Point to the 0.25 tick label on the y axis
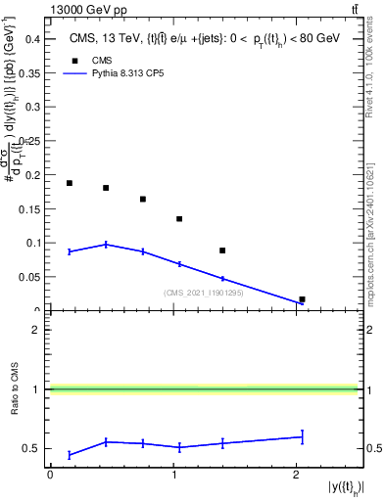point(29,140)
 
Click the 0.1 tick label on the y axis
point(31,242)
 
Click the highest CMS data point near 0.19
point(70,183)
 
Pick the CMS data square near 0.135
point(179,219)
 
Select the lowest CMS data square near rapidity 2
point(302,299)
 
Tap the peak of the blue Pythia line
point(106,245)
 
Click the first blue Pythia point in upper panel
point(70,251)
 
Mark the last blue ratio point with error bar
point(302,436)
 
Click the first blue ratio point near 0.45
point(70,455)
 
